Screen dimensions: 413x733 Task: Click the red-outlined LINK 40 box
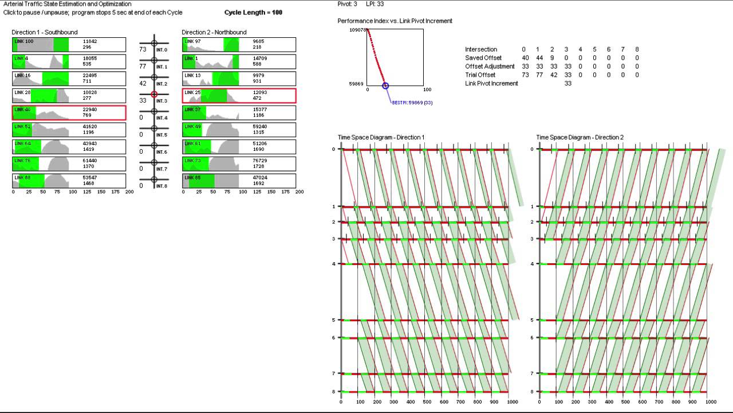click(69, 112)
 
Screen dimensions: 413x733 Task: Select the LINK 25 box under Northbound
click(239, 96)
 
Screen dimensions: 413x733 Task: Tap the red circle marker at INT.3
click(154, 95)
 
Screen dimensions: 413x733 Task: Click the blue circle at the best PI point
click(385, 86)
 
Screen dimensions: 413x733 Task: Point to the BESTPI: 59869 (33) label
click(412, 102)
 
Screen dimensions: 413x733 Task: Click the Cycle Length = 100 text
click(253, 13)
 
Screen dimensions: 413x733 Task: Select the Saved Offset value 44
click(538, 58)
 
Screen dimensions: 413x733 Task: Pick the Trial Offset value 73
click(525, 75)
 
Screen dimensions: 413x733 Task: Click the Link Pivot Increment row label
click(491, 84)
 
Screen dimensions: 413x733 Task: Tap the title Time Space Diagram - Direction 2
click(580, 138)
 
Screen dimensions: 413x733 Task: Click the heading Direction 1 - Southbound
click(45, 32)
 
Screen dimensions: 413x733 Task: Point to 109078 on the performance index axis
click(357, 30)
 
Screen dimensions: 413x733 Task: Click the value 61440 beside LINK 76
click(90, 161)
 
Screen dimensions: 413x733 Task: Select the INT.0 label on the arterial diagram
click(161, 50)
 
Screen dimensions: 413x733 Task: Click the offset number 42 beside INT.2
click(143, 84)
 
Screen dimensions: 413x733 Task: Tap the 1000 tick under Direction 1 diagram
click(512, 403)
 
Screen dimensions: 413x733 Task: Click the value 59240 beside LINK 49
click(260, 127)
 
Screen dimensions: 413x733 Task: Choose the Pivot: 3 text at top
click(346, 4)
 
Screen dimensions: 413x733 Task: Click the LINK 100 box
click(69, 45)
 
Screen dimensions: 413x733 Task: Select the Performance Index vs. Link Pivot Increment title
click(395, 21)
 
